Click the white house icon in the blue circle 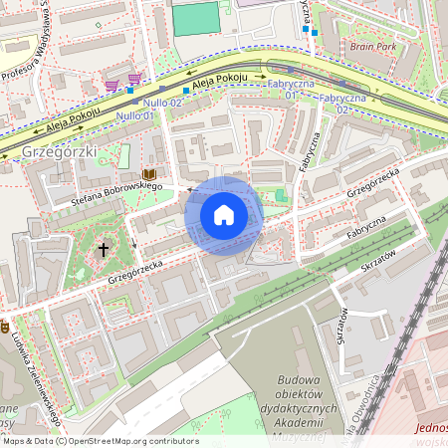(x=224, y=214)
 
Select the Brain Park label (x=373, y=47)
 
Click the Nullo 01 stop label (x=134, y=116)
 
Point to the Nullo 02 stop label (x=160, y=103)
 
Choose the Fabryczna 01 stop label (x=291, y=90)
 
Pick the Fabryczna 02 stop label (x=342, y=104)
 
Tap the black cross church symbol (x=104, y=249)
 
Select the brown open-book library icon (x=149, y=172)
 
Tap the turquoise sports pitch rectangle (x=196, y=17)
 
